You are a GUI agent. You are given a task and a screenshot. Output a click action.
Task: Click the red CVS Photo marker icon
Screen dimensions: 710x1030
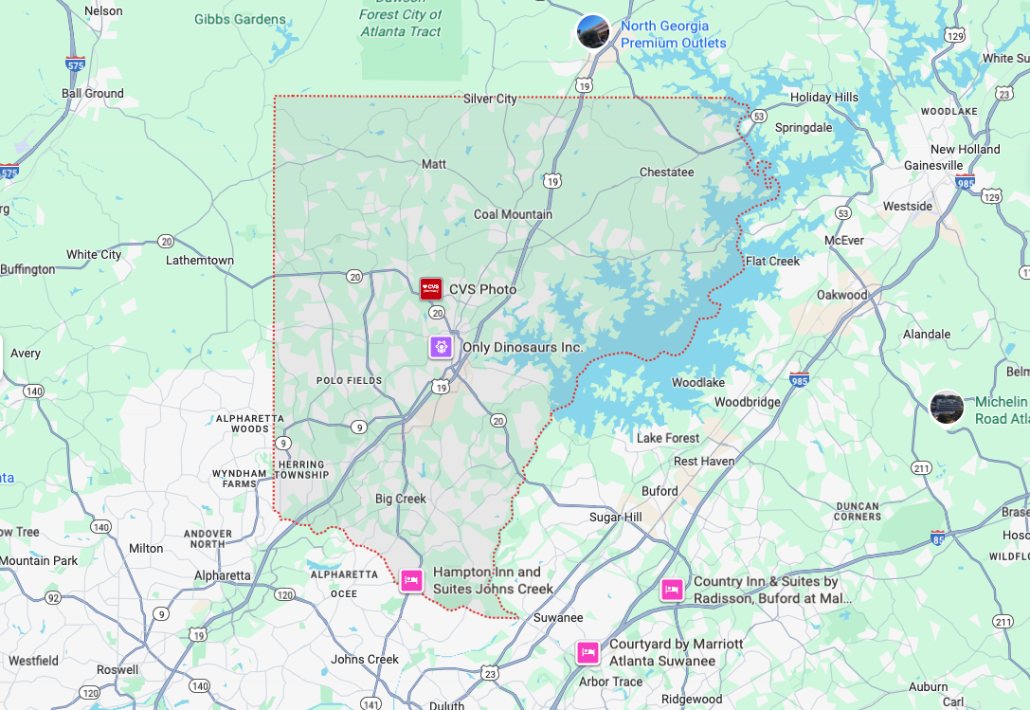[431, 288]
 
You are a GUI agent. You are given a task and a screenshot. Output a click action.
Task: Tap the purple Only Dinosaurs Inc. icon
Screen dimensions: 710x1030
[441, 347]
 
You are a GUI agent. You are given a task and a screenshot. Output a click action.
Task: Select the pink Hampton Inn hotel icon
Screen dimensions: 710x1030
[410, 580]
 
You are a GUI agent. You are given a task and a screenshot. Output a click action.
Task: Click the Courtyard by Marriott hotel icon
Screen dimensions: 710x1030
[587, 652]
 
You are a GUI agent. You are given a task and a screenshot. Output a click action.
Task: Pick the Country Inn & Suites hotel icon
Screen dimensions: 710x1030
[672, 590]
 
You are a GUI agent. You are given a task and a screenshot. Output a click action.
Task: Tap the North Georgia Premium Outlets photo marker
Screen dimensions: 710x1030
[593, 31]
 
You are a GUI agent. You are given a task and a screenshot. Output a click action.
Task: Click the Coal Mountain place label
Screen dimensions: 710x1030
[513, 214]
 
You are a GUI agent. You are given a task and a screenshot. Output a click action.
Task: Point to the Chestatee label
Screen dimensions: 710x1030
[666, 173]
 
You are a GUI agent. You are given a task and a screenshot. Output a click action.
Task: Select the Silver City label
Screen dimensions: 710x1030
[490, 99]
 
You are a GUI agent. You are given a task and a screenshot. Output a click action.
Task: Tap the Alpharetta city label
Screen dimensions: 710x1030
[222, 575]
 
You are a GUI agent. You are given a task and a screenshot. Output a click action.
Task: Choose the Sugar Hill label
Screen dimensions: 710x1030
[615, 517]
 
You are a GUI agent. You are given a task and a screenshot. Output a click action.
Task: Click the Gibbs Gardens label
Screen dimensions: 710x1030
[240, 19]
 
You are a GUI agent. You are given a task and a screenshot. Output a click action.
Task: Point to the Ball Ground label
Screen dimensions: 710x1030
[92, 93]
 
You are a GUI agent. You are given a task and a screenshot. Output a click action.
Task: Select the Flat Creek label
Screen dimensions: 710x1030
[772, 261]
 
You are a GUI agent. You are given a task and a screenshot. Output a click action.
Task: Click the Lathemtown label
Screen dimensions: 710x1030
[199, 260]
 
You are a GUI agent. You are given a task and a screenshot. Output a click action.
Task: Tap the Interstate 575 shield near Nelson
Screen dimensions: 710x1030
[76, 64]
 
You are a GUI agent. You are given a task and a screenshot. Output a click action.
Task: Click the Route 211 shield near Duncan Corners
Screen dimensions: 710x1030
[920, 468]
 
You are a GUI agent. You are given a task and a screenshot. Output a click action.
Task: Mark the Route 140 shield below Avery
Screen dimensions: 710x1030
[34, 391]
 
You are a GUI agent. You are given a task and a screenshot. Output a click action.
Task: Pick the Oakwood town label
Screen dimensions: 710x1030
[841, 295]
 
